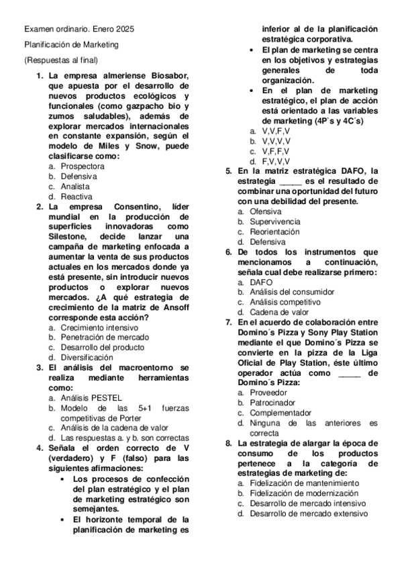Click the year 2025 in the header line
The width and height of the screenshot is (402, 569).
point(123,30)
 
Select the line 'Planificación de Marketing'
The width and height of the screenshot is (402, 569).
point(71,45)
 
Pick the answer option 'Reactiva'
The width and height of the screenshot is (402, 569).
point(77,197)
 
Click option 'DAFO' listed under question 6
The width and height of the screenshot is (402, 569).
point(261,282)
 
